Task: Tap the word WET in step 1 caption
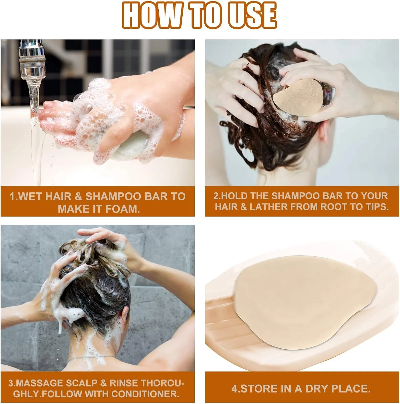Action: (x=31, y=196)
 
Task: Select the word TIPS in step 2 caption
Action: (x=376, y=207)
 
